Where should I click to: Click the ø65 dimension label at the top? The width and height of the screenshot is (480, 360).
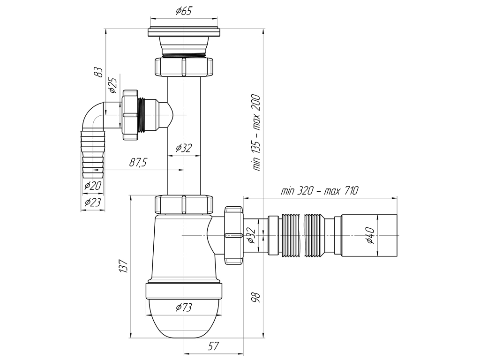(x=184, y=11)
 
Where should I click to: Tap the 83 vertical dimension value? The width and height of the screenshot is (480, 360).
(x=98, y=72)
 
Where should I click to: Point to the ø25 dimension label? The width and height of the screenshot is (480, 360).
(x=112, y=85)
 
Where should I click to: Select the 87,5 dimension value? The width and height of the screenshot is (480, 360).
(x=137, y=163)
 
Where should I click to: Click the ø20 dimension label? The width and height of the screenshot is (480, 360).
(x=93, y=186)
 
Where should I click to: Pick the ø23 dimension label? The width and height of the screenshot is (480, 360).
(x=93, y=202)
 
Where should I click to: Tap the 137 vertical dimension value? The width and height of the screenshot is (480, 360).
(x=124, y=266)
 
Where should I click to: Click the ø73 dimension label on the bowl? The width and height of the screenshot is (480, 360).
(x=184, y=307)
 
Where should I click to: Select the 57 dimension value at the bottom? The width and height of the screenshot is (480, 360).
(x=214, y=346)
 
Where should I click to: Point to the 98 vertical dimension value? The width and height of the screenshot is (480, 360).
(x=255, y=297)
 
